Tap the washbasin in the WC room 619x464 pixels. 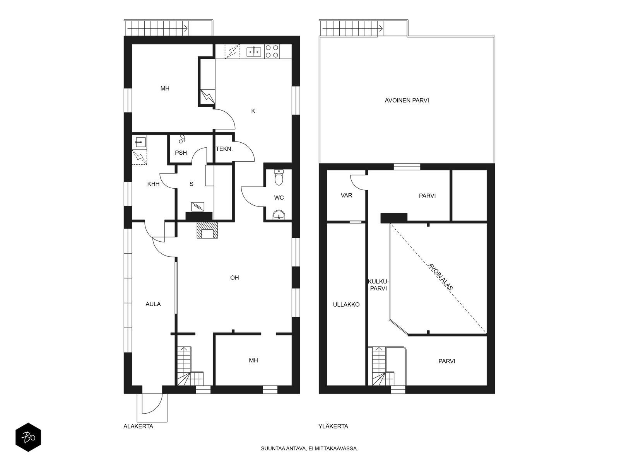click(279, 215)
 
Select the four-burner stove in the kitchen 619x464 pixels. click(272, 51)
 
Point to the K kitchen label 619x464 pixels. click(253, 111)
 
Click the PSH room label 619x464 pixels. click(181, 153)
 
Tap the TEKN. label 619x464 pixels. click(224, 148)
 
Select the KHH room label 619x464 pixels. click(154, 184)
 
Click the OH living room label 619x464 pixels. click(234, 278)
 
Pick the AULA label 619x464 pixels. click(153, 304)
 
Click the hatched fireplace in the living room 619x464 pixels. click(208, 230)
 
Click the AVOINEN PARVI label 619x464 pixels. click(407, 101)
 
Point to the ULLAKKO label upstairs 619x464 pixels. click(346, 305)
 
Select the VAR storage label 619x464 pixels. click(346, 195)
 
